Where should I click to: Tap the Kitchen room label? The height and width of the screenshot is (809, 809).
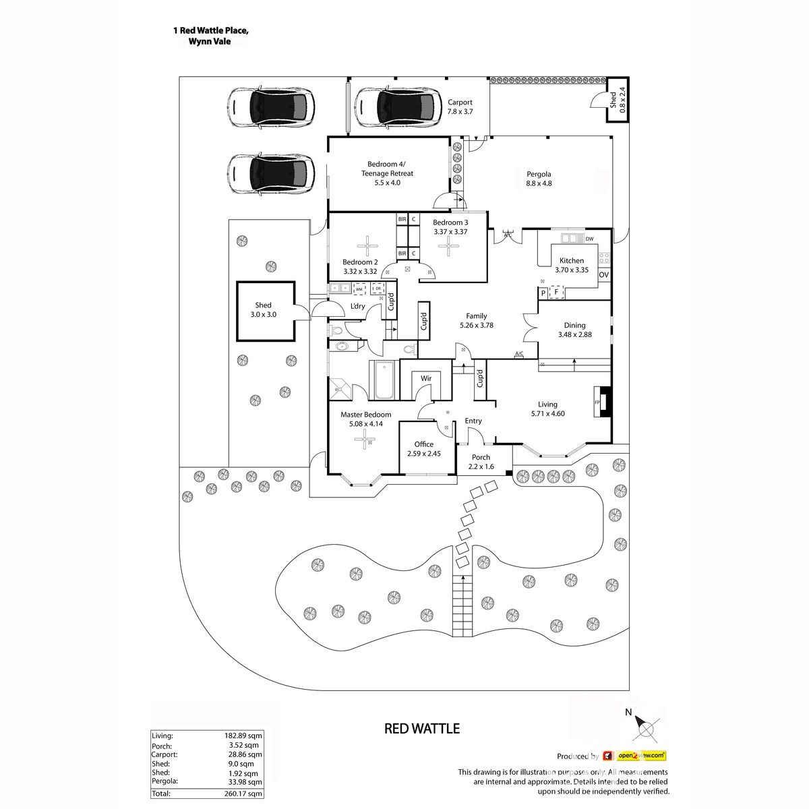[x=572, y=261]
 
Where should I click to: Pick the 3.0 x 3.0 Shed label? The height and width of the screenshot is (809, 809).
[x=263, y=305]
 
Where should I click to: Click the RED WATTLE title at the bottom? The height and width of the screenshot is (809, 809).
[x=421, y=729]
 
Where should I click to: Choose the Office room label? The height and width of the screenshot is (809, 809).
[x=424, y=444]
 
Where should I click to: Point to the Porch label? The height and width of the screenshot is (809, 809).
[x=481, y=457]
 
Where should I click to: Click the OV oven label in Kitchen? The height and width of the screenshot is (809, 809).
[x=603, y=275]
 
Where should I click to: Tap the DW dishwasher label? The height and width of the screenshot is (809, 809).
[x=589, y=239]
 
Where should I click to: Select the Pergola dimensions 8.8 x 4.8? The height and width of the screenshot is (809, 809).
[x=539, y=183]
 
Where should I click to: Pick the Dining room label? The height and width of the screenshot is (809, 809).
[x=574, y=326]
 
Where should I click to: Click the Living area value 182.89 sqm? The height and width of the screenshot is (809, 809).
[x=243, y=736]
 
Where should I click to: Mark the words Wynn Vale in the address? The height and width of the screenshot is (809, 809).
[x=210, y=42]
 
